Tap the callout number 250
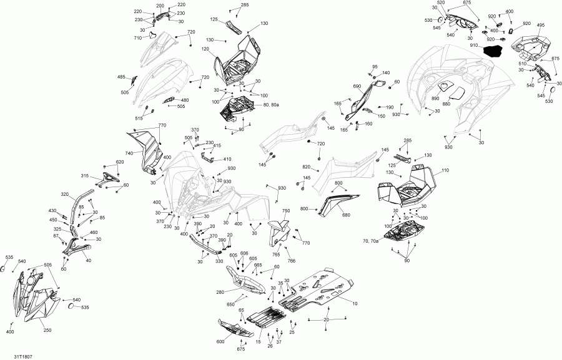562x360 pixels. coord(47,329)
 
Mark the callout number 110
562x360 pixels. coord(445,170)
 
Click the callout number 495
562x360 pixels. coord(541,26)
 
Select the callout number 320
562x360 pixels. coord(64,195)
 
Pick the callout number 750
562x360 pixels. coord(286,212)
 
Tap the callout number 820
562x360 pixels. coord(306,167)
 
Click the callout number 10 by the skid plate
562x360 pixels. coord(355,304)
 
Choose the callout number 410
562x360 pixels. coord(227,159)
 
